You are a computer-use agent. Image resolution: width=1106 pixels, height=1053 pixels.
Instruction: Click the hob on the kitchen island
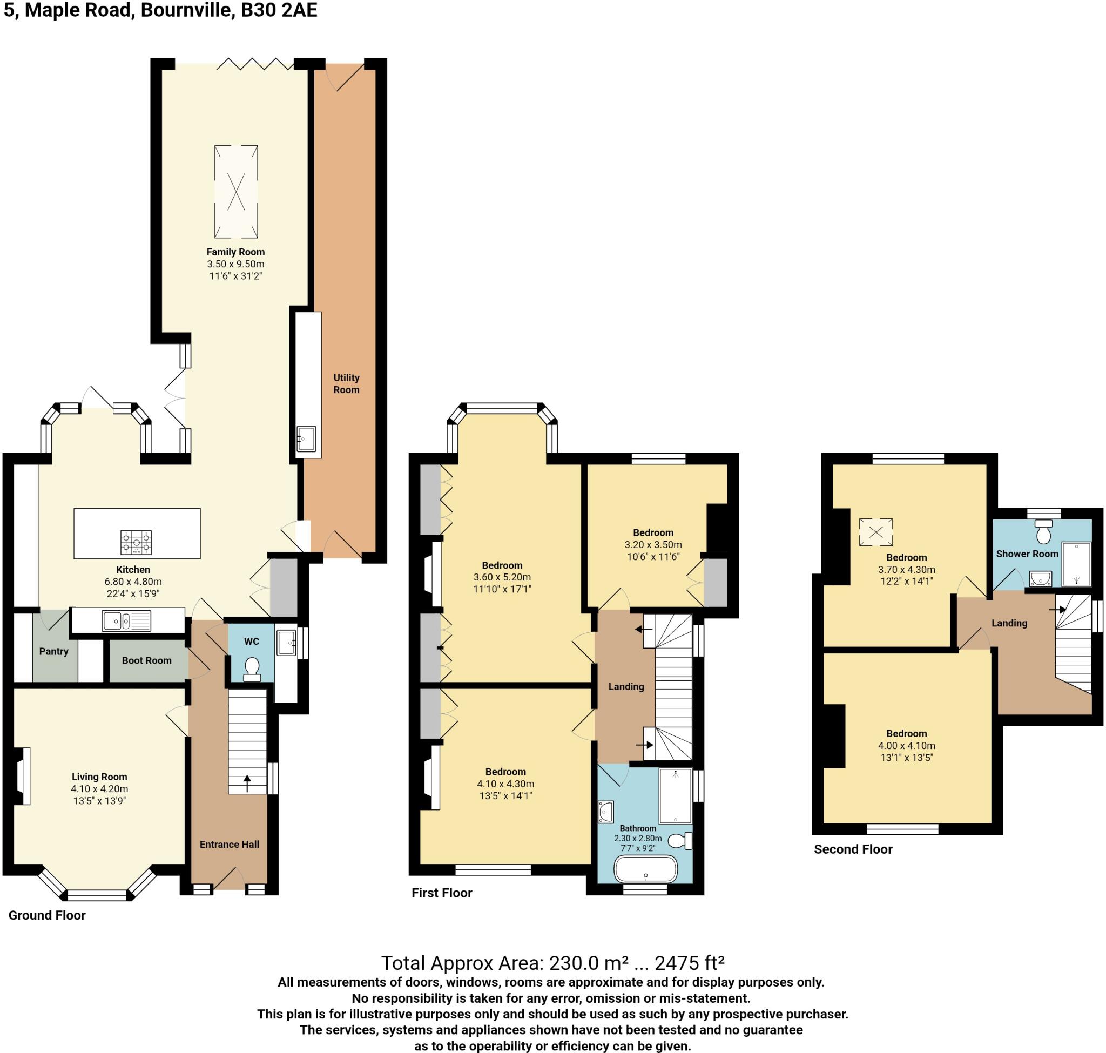tap(136, 543)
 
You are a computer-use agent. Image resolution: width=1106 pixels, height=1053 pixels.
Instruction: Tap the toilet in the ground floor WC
tap(252, 669)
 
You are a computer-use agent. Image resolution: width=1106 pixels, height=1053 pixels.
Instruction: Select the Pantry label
tap(54, 652)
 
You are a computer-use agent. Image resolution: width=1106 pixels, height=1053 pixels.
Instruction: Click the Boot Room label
tap(146, 660)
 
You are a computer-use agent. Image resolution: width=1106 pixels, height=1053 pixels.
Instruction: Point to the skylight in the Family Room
tap(236, 191)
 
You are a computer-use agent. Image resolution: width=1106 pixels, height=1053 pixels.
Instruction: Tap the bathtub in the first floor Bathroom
tap(646, 870)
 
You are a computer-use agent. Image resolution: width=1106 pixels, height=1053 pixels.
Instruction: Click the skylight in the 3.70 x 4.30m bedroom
tap(876, 532)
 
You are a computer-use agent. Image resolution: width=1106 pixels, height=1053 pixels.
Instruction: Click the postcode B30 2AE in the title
tap(279, 10)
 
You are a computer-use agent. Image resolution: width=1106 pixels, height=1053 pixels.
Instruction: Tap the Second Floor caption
tap(853, 849)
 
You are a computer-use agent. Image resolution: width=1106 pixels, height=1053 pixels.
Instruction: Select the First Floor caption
tap(442, 893)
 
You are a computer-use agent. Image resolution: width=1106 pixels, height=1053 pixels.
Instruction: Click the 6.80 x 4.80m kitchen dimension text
tap(133, 582)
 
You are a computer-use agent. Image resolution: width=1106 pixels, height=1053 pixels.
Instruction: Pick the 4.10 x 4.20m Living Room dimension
tap(99, 788)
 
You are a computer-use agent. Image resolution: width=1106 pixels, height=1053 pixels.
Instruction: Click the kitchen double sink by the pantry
tap(126, 621)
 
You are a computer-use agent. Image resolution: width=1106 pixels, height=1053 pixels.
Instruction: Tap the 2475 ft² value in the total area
tap(690, 963)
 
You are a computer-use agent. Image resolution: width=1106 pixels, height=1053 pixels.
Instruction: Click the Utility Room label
tap(346, 384)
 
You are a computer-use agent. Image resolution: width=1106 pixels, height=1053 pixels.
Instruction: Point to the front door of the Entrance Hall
tap(229, 879)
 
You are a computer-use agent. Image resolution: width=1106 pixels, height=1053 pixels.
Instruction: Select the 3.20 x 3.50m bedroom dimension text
tap(653, 544)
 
